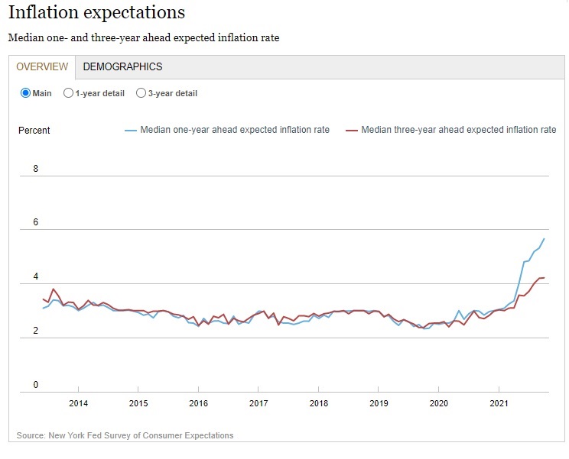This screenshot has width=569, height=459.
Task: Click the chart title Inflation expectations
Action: [96, 13]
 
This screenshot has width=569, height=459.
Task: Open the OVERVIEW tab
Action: [42, 66]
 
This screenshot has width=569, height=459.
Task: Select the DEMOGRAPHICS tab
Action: [122, 66]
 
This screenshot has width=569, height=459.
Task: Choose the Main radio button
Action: [25, 93]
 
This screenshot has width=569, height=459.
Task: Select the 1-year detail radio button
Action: [69, 93]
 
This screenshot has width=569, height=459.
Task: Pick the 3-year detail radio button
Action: [141, 93]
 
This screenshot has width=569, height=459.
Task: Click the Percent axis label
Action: [34, 131]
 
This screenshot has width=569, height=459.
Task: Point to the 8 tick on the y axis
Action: [36, 169]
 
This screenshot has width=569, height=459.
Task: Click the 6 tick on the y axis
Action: [36, 223]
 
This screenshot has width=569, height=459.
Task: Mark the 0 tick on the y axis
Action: [36, 385]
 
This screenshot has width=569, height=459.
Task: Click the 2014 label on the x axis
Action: [78, 403]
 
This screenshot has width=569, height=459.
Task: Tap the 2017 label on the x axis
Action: [258, 403]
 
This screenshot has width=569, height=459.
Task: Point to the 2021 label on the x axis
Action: [499, 403]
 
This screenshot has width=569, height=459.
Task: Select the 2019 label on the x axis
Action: [379, 403]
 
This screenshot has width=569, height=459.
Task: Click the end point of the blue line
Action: [544, 239]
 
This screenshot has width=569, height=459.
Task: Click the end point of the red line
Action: [543, 278]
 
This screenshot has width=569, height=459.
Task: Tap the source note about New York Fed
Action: [125, 435]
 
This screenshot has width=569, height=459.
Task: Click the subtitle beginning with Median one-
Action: [143, 37]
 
